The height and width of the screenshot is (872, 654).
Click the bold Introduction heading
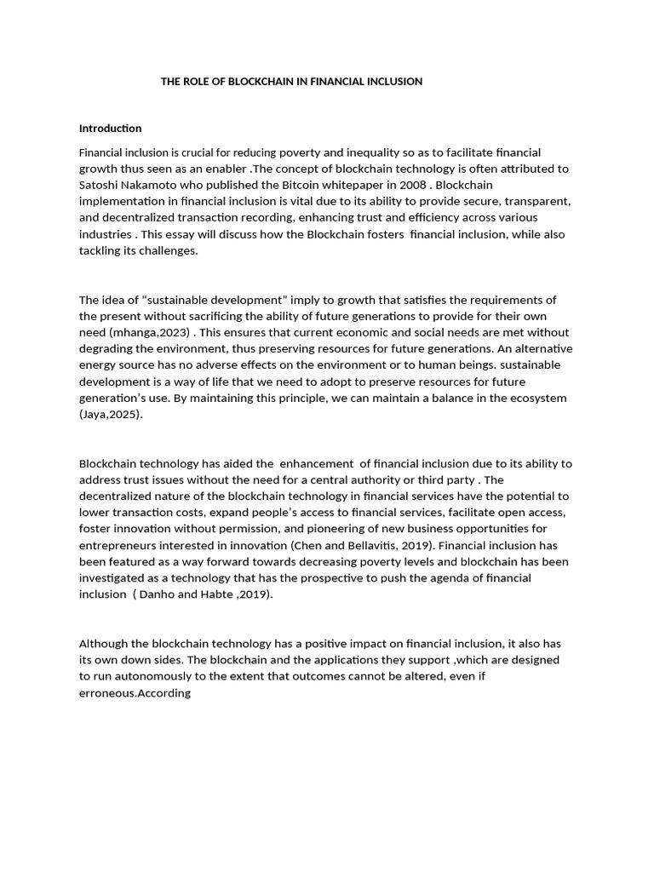click(x=110, y=129)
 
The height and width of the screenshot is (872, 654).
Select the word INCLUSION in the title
click(x=393, y=82)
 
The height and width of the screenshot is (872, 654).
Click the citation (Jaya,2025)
click(x=111, y=414)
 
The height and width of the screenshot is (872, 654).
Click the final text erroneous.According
click(x=135, y=693)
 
